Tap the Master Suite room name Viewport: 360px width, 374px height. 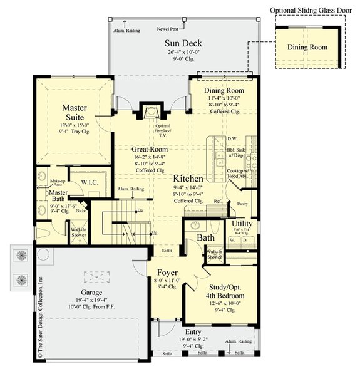click(78, 113)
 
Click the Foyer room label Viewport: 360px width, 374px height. click(166, 273)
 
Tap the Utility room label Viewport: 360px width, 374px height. click(242, 223)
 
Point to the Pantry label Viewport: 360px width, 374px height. click(241, 204)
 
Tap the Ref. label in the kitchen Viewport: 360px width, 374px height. click(218, 201)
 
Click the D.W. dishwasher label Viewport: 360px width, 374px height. click(232, 139)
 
